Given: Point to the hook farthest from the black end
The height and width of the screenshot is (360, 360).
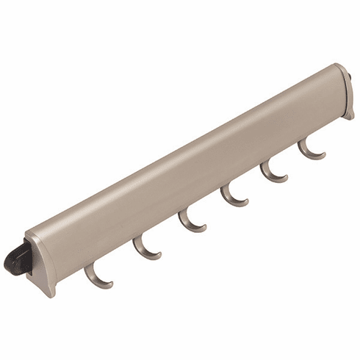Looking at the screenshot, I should (311, 152).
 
